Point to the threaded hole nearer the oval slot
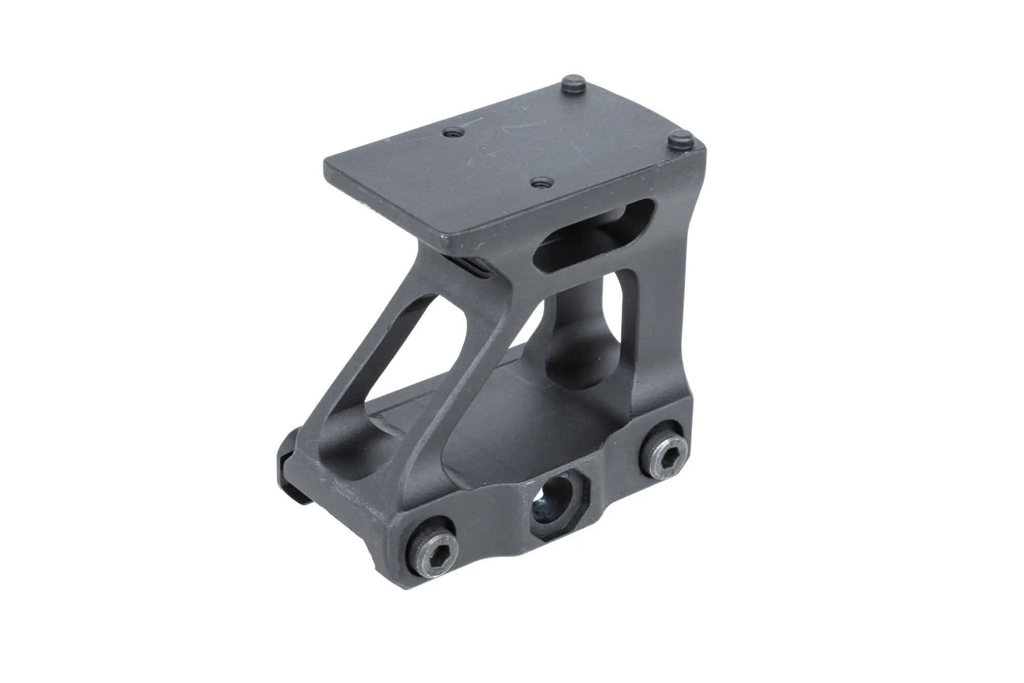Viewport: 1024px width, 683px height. pyautogui.click(x=538, y=181)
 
